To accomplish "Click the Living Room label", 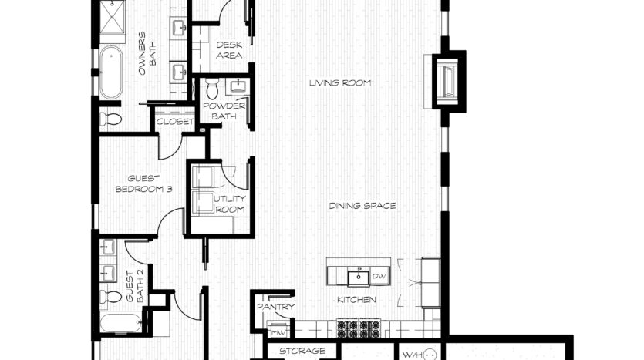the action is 340,83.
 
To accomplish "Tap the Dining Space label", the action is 362,206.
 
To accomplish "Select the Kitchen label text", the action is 356,300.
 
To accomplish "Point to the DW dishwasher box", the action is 379,277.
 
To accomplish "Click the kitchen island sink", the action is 359,278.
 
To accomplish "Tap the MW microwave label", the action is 278,332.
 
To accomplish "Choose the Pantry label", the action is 276,307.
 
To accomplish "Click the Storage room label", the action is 302,351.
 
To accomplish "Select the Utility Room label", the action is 230,204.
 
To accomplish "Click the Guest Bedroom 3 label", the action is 143,184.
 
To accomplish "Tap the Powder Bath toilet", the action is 212,88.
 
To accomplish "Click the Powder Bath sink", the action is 238,86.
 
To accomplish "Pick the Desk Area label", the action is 229,50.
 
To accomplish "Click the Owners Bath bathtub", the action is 111,72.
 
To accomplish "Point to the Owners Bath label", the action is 147,53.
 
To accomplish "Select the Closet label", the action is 175,122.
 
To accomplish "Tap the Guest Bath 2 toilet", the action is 110,296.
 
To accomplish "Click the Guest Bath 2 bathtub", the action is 121,324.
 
